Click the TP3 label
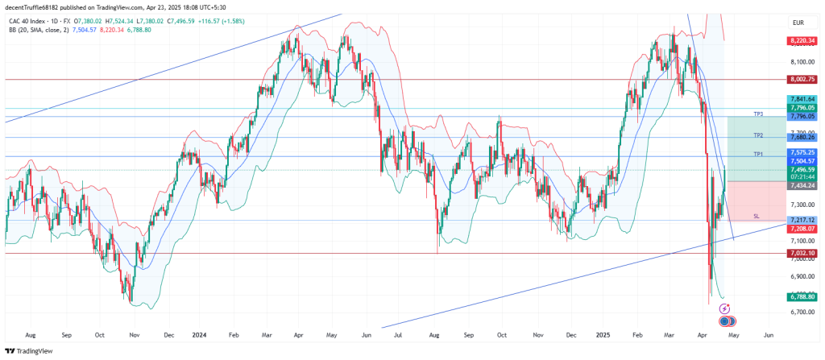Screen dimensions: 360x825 pos(758,114)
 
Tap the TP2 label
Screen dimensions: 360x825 pos(758,134)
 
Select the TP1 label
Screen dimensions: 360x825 pos(758,153)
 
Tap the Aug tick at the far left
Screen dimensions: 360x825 pos(30,333)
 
